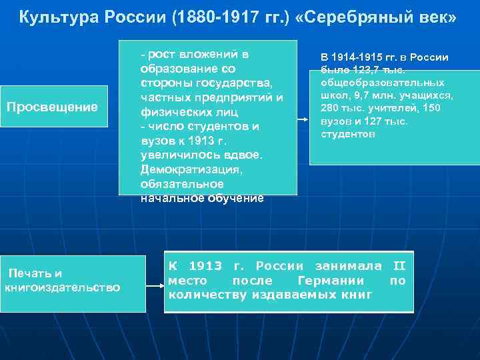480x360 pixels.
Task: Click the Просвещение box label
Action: tap(52, 107)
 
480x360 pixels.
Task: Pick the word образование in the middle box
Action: tap(178, 69)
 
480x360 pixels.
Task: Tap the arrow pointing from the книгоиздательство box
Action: tap(155, 287)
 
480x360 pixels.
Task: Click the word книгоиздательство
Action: tap(63, 287)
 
